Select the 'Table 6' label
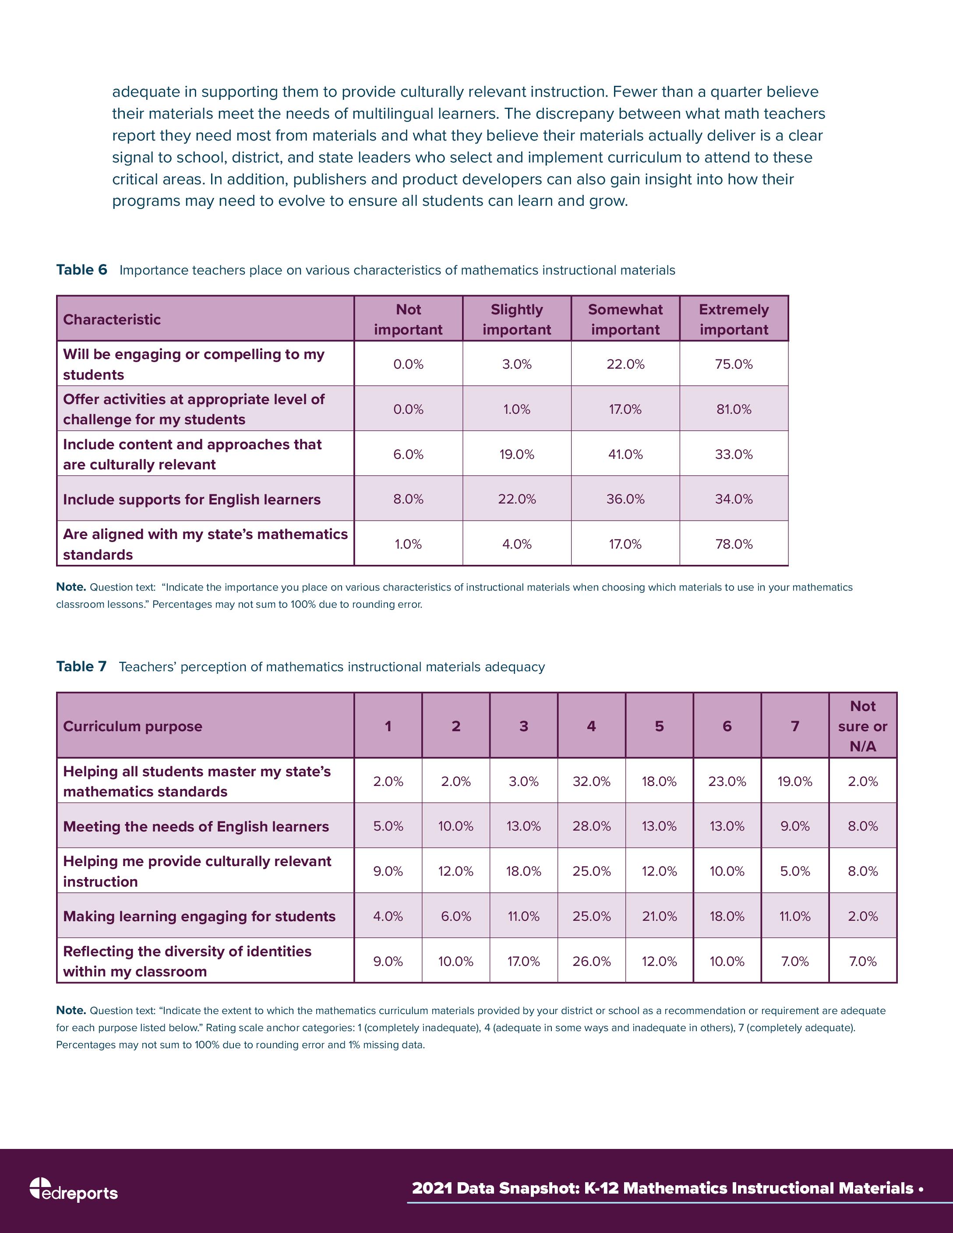pos(81,270)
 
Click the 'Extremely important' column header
pos(734,320)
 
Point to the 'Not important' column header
pos(408,320)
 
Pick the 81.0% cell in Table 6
pos(734,409)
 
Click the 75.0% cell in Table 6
pos(734,364)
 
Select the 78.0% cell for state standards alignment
pos(734,544)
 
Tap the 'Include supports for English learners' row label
pos(191,500)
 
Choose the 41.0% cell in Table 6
pos(625,454)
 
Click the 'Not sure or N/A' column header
pos(863,726)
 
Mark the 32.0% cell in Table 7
pos(592,781)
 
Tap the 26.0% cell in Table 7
pos(592,962)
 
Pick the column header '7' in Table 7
pos(795,726)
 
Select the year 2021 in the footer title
pos(432,1188)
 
